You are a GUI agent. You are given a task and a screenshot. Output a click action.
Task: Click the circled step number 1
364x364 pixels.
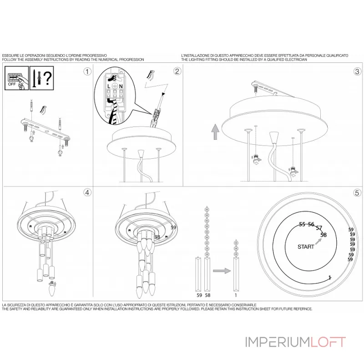point(87,71)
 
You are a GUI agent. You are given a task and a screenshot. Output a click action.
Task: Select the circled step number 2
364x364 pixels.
point(177,71)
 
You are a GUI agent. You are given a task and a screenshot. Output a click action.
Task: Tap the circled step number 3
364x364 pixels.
point(358,71)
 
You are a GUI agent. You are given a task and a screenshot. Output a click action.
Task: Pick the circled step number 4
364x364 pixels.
point(87,192)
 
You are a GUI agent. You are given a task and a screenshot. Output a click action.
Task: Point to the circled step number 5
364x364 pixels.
point(357,192)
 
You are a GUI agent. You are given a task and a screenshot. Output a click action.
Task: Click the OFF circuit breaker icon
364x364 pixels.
point(17,78)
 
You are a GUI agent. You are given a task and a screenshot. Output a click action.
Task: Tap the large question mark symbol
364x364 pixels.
point(48,78)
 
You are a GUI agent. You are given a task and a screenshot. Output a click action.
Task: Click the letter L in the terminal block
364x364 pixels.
point(109,86)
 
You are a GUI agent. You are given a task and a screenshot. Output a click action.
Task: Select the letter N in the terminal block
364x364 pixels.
point(121,86)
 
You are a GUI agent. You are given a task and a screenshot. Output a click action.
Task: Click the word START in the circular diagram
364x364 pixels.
point(306,247)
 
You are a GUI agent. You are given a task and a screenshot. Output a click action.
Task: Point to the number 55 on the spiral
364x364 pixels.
point(302,224)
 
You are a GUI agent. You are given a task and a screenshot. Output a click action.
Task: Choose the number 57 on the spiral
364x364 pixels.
point(319,228)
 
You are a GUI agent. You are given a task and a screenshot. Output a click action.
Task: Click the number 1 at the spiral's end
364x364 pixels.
point(329,278)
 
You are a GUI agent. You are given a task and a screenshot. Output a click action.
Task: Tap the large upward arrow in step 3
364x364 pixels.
point(215,131)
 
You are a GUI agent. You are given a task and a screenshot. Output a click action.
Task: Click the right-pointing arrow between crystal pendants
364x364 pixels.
point(222,271)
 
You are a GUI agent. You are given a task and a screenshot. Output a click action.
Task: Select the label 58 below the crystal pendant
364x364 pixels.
point(207,295)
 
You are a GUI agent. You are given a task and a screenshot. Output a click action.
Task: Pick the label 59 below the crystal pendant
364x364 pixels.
point(199,295)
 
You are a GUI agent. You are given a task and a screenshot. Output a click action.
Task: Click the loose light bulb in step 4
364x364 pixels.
point(52,288)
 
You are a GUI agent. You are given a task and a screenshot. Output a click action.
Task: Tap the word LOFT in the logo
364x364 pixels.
point(328,342)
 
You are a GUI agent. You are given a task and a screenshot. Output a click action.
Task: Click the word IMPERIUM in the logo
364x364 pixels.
point(278,342)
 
